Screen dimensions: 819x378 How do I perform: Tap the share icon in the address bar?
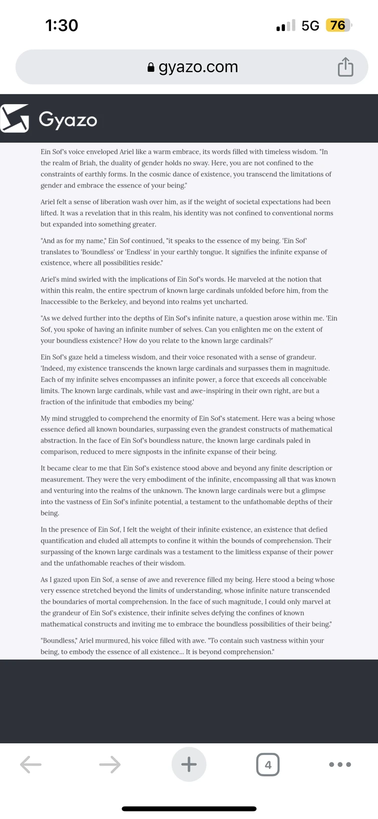(x=345, y=67)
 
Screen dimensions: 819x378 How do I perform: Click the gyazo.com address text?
(x=198, y=67)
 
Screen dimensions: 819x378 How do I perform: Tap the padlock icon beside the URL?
(x=151, y=67)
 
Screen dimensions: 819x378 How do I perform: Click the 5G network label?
(x=310, y=26)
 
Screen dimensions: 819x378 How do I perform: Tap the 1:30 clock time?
(x=62, y=25)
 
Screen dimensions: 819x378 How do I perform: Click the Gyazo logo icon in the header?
(x=15, y=119)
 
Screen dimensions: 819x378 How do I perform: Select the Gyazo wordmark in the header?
(x=68, y=120)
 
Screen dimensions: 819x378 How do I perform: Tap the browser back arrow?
(x=31, y=764)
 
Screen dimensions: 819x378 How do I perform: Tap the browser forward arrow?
(x=110, y=764)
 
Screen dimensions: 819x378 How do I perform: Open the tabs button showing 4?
(x=268, y=764)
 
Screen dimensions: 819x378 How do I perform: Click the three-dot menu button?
(x=340, y=764)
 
